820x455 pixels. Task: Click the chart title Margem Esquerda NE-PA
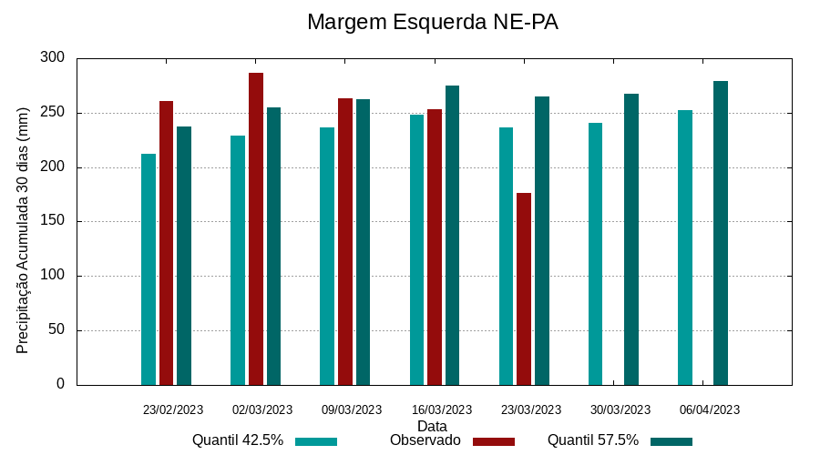pyautogui.click(x=432, y=22)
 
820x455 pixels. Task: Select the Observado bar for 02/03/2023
pyautogui.click(x=256, y=228)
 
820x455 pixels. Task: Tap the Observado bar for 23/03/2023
pyautogui.click(x=524, y=288)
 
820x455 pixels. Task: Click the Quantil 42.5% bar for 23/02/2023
pyautogui.click(x=149, y=269)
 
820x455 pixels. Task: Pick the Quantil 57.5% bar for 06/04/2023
pyautogui.click(x=721, y=233)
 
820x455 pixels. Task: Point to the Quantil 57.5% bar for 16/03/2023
pyautogui.click(x=453, y=235)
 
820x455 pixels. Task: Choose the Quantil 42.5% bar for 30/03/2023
pyautogui.click(x=596, y=254)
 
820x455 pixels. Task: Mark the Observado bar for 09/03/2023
pyautogui.click(x=345, y=241)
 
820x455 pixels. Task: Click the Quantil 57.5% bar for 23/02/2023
pyautogui.click(x=184, y=256)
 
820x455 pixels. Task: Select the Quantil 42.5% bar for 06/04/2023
pyautogui.click(x=685, y=248)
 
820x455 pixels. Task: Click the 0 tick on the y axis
pyautogui.click(x=60, y=384)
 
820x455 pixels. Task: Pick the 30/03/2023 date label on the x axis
pyautogui.click(x=620, y=410)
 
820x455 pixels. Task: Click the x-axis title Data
pyautogui.click(x=432, y=426)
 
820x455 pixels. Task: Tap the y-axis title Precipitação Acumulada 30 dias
pyautogui.click(x=24, y=227)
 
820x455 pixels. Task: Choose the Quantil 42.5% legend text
pyautogui.click(x=238, y=440)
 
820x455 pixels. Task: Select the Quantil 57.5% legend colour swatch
pyautogui.click(x=671, y=441)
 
